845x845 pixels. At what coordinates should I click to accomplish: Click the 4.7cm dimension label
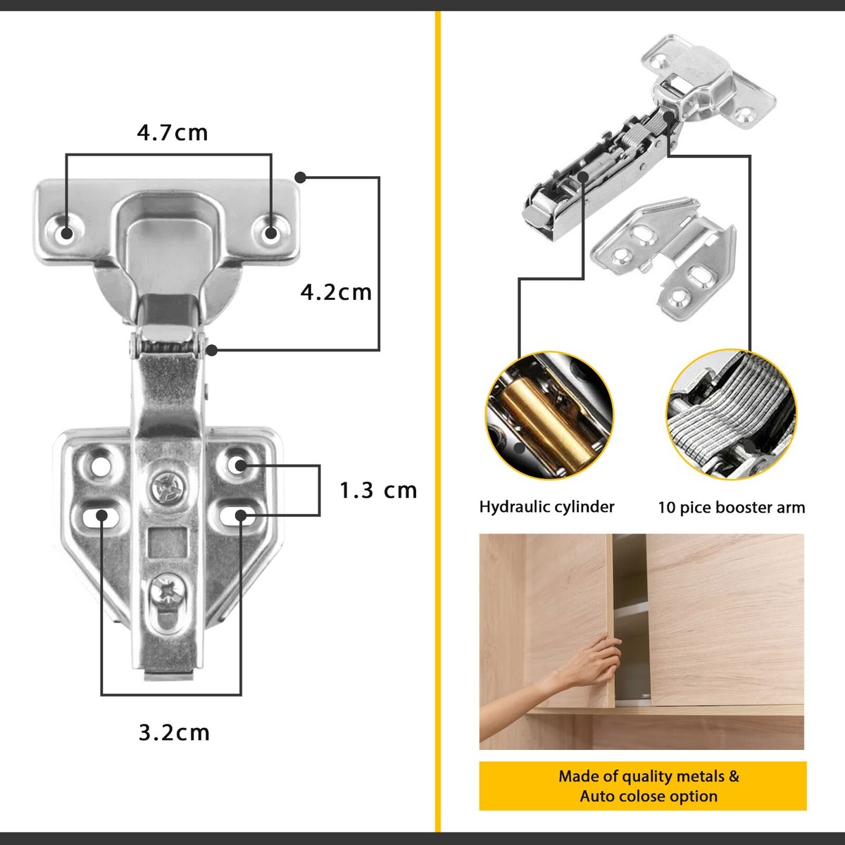(x=173, y=132)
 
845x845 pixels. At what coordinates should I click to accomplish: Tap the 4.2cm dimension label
(x=336, y=292)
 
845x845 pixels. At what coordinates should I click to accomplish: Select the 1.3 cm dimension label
(x=378, y=490)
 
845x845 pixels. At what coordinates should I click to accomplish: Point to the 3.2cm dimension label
(x=174, y=732)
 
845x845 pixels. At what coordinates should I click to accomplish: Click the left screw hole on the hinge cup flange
(x=66, y=233)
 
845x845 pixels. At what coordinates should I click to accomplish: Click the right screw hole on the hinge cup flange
(x=270, y=232)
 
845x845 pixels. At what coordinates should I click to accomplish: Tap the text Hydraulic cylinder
(x=546, y=507)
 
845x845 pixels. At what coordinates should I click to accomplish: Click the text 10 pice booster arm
(x=731, y=508)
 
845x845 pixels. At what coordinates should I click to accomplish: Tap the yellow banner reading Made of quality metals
(x=642, y=785)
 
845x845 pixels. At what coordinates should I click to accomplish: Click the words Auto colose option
(x=649, y=796)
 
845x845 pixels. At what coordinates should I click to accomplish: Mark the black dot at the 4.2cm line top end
(x=301, y=177)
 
